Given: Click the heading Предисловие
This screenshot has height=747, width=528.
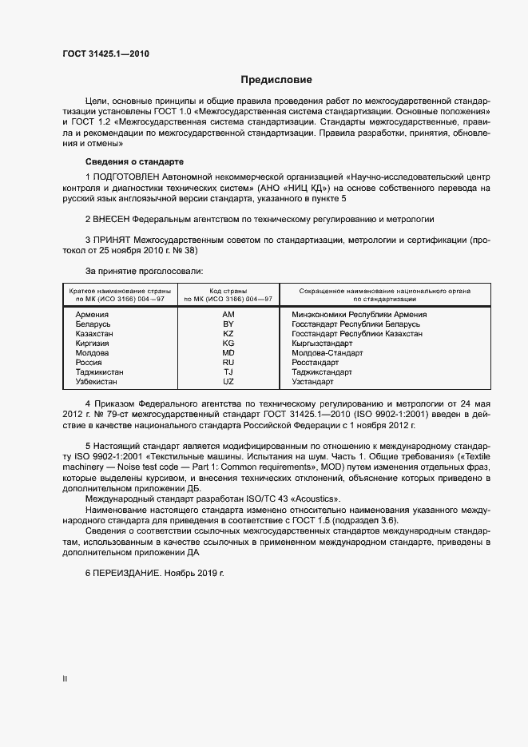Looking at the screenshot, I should click(276, 80).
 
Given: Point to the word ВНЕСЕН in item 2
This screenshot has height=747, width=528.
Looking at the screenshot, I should click(113, 218).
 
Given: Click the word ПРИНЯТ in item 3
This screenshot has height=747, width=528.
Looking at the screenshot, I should click(113, 239).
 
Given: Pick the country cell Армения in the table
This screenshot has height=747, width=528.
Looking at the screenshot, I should click(92, 315).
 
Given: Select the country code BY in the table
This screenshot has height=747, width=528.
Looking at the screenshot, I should click(228, 324).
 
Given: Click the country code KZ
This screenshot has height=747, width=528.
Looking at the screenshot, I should click(228, 334).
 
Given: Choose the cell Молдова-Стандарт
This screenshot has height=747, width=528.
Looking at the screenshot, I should click(328, 353).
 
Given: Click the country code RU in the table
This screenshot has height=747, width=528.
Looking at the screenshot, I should click(228, 363).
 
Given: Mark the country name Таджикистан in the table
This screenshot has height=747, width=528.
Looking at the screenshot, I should click(101, 372).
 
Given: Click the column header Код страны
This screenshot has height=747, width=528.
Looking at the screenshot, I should click(228, 291).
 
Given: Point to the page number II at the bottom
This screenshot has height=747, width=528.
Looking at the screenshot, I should click(64, 680).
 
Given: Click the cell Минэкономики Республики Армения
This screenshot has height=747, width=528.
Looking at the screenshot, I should click(359, 315).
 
